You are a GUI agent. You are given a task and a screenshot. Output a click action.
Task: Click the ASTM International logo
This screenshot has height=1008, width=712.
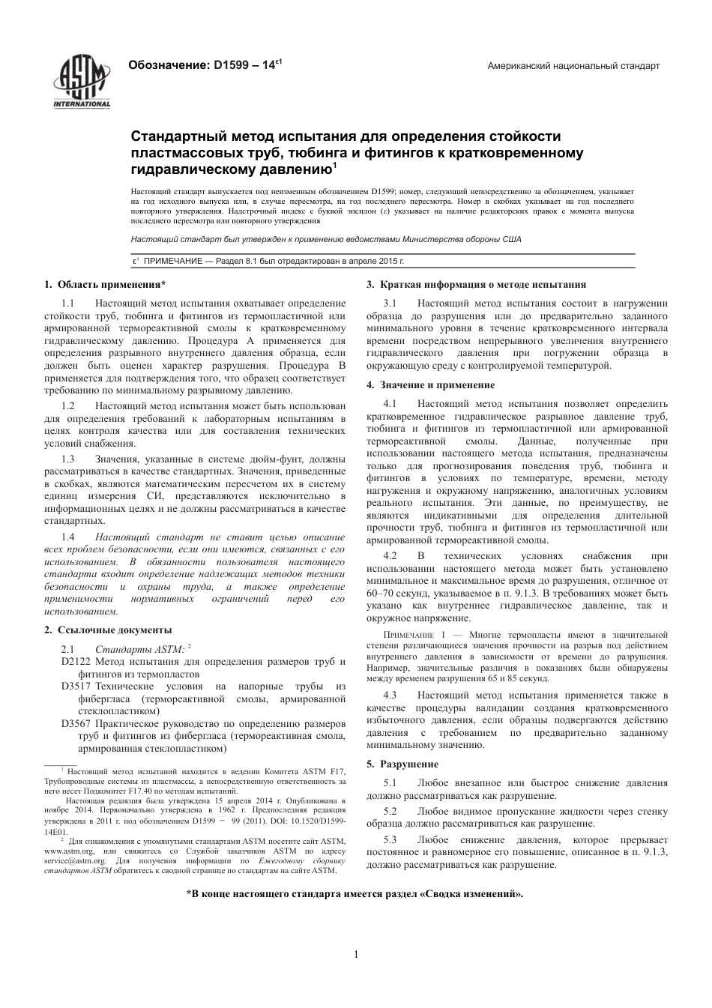pos(81,84)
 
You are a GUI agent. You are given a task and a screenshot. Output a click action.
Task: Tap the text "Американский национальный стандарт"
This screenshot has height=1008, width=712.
pos(573,66)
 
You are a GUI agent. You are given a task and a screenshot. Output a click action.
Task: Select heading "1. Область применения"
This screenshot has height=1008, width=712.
pos(105,285)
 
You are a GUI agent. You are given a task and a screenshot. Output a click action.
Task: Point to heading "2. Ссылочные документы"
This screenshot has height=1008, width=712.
pos(108,630)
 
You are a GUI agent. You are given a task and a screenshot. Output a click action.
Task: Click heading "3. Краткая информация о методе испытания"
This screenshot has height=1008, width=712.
pos(476,285)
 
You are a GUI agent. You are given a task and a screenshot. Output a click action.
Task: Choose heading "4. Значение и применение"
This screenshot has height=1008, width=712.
pos(430,385)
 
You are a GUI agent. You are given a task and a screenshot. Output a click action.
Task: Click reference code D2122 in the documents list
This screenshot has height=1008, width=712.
pos(76,662)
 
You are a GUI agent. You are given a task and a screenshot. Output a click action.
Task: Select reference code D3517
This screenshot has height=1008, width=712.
pos(76,686)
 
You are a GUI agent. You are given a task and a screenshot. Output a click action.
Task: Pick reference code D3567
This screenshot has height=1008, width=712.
pos(76,724)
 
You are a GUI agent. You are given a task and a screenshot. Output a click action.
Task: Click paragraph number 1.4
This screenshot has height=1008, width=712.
pos(68,537)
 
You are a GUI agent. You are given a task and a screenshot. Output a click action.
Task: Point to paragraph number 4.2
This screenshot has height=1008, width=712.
pos(390,556)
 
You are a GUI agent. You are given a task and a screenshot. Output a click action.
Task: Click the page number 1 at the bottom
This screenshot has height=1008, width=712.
pos(356,954)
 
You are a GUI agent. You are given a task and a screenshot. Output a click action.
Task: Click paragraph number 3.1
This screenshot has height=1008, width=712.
pos(390,304)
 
